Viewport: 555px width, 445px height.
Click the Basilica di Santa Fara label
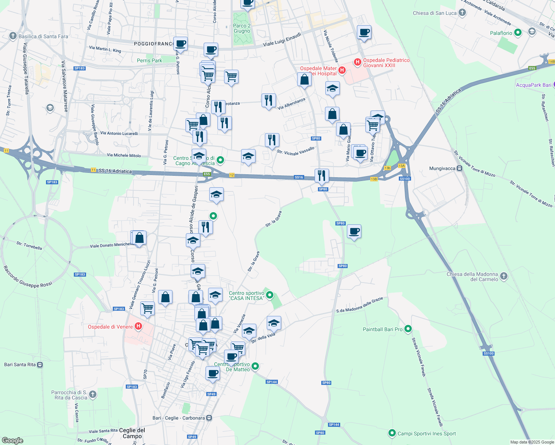pyautogui.click(x=43, y=36)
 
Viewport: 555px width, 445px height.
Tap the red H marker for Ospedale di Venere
pyautogui.click(x=138, y=326)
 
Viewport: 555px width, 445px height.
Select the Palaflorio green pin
pyautogui.click(x=518, y=33)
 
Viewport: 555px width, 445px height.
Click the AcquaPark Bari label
pyautogui.click(x=533, y=85)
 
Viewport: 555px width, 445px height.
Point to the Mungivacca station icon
pyautogui.click(x=460, y=168)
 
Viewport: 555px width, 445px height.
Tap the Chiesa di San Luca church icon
pyautogui.click(x=462, y=13)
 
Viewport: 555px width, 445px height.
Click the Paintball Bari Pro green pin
pyautogui.click(x=408, y=329)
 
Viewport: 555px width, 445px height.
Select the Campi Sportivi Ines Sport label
pyautogui.click(x=427, y=434)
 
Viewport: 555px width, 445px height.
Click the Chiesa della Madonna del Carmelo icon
pyautogui.click(x=503, y=276)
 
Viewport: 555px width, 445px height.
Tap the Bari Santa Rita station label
pyautogui.click(x=20, y=365)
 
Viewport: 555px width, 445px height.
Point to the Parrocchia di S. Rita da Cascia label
pyautogui.click(x=69, y=395)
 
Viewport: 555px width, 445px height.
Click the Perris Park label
pyautogui.click(x=150, y=60)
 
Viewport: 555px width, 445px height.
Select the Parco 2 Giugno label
pyautogui.click(x=242, y=28)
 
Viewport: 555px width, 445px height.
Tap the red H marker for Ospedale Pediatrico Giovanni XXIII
pyautogui.click(x=358, y=62)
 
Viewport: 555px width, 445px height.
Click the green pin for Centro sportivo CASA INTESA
pyautogui.click(x=270, y=295)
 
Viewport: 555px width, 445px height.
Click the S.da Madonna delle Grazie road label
pyautogui.click(x=359, y=305)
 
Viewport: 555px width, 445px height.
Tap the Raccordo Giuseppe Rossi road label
pyautogui.click(x=28, y=277)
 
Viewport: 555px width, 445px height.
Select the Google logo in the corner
pyautogui.click(x=12, y=440)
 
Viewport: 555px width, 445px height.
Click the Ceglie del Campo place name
pyautogui.click(x=132, y=433)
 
